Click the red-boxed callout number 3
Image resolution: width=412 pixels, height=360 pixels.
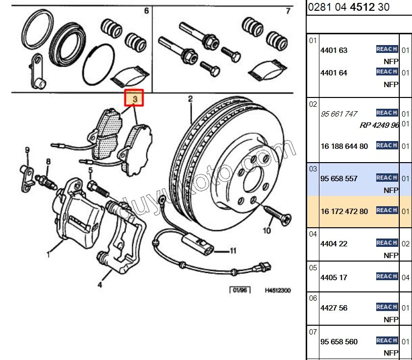[x=134, y=98]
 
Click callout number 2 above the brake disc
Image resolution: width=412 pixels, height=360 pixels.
[x=190, y=99]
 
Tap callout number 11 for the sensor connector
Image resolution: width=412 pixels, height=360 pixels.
[x=233, y=251]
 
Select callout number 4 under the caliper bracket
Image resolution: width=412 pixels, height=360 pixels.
[x=100, y=284]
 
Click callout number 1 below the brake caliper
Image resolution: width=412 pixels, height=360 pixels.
[x=48, y=254]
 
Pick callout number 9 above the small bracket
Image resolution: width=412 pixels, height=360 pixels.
[x=27, y=150]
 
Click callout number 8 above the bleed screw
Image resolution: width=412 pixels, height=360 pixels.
[x=48, y=162]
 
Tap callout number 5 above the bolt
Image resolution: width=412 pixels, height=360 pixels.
[x=90, y=170]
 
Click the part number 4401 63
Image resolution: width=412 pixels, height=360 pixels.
[x=334, y=50]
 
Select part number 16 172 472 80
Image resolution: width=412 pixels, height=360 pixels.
[x=343, y=212]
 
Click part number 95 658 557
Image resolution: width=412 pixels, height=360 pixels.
[x=339, y=179]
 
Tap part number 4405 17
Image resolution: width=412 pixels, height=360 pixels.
[x=334, y=277]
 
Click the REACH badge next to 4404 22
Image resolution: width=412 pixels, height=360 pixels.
[x=387, y=243]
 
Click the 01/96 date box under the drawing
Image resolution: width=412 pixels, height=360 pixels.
[x=240, y=290]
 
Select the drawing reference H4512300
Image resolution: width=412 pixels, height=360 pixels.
[x=278, y=290]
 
